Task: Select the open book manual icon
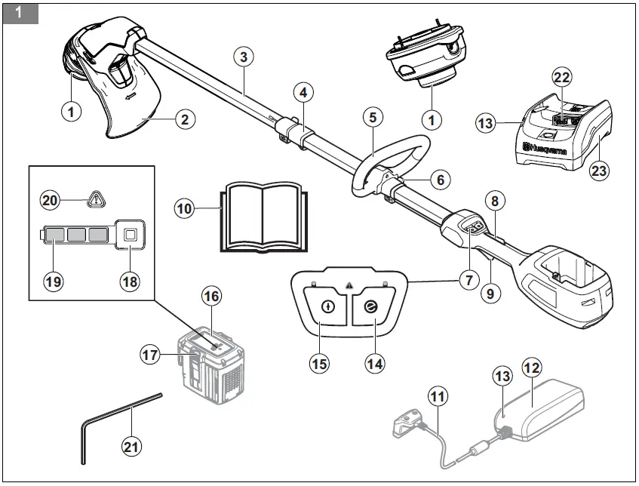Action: click(x=263, y=216)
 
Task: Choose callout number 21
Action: click(x=132, y=446)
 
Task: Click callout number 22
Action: click(x=562, y=78)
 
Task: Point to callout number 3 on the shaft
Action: click(x=242, y=57)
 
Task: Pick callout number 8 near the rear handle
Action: click(x=494, y=202)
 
